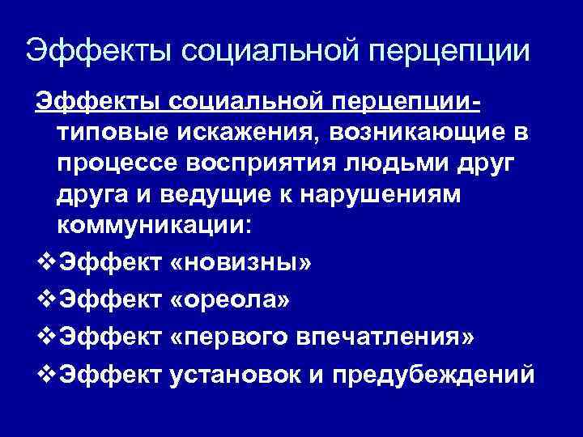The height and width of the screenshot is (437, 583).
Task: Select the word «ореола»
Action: (230, 301)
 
